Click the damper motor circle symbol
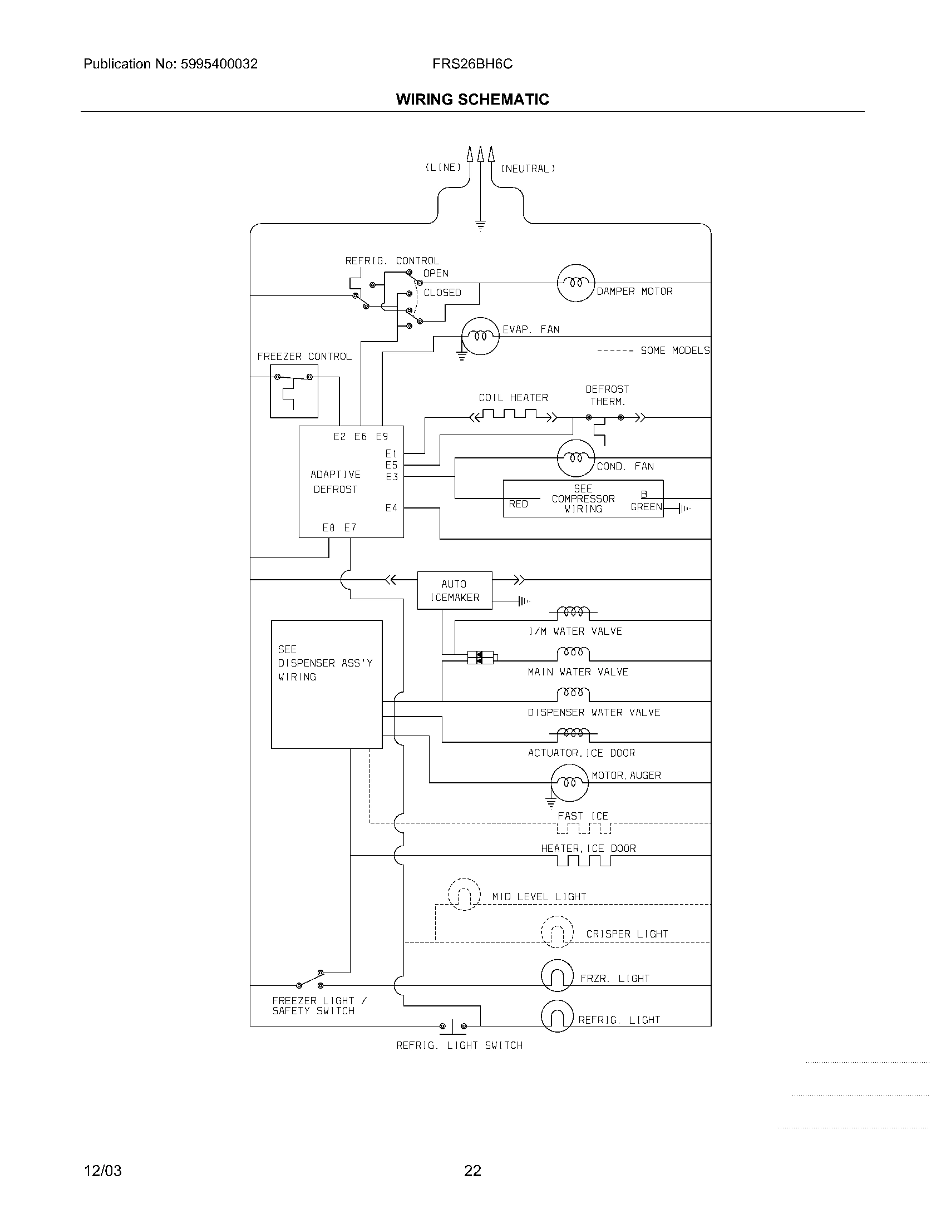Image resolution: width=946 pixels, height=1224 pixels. pos(575,283)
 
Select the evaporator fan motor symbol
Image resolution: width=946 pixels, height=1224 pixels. pos(480,335)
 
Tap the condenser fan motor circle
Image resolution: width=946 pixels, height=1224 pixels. pos(575,458)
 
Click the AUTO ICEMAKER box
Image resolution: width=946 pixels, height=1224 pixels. pos(455,590)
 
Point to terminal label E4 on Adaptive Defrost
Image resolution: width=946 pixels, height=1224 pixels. pos(391,508)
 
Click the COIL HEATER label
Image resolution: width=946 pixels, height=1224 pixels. pos(513,397)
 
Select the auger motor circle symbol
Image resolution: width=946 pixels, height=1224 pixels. pos(569,782)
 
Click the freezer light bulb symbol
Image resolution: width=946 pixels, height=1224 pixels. pos(557,976)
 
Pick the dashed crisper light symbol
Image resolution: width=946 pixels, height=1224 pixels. pos(557,931)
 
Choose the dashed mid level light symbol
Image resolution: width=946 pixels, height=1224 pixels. pos(464,894)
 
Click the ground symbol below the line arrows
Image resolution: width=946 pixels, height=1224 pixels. pos(480,226)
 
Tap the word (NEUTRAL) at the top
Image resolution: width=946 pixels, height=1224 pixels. pos(528,169)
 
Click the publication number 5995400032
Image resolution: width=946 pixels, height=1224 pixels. pos(219,64)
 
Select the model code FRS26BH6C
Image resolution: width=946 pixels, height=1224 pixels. pos(472,64)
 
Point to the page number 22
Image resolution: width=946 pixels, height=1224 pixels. pos(472,1171)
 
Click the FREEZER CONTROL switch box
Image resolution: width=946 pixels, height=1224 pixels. pos(294,391)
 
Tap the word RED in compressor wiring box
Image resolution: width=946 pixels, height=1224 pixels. pos(518,504)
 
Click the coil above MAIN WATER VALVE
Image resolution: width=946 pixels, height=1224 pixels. pos(573,653)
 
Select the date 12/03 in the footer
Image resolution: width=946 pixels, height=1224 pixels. pos(102,1171)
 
